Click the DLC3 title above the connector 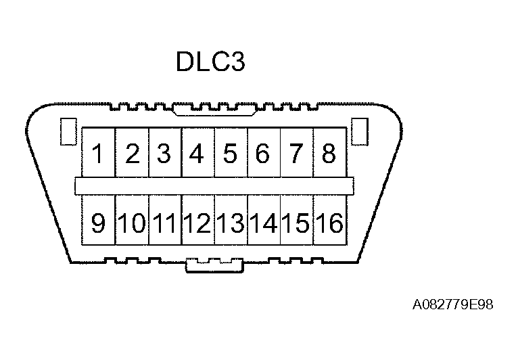(x=210, y=63)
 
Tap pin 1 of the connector (x=98, y=154)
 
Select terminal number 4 (x=197, y=154)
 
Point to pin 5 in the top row (x=230, y=154)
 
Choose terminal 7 (x=296, y=154)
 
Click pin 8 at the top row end (x=329, y=154)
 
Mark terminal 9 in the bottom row (x=98, y=223)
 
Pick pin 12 (x=197, y=223)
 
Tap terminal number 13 (x=231, y=223)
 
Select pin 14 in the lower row (x=264, y=223)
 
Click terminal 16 (x=329, y=223)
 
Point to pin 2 (x=132, y=154)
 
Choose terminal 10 (x=132, y=223)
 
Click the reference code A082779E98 (x=453, y=305)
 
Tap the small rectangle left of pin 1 (x=67, y=131)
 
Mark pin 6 (x=263, y=154)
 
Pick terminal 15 (x=296, y=223)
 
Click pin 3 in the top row (x=164, y=154)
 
